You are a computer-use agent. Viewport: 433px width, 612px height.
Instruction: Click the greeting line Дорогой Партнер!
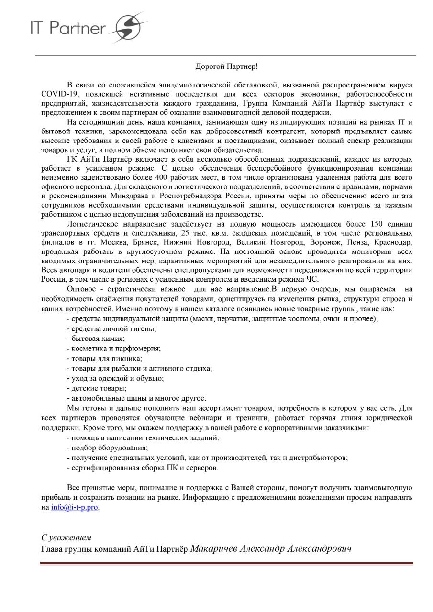(226, 66)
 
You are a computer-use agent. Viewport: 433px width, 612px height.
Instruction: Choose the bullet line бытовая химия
(91, 339)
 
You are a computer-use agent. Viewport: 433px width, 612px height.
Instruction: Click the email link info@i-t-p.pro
(75, 508)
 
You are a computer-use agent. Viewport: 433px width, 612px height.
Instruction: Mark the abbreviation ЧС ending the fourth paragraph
(312, 280)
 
